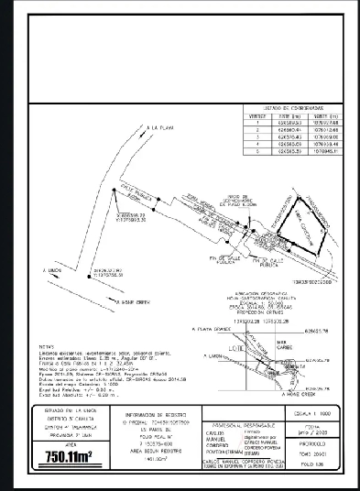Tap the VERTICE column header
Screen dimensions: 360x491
point(257,116)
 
